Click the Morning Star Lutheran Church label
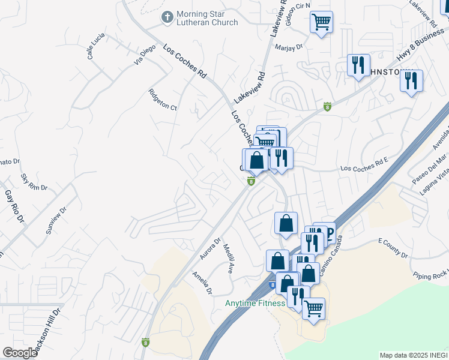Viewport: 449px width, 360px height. tap(208, 18)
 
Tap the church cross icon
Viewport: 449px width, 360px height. tap(167, 17)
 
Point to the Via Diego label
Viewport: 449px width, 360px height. tap(145, 56)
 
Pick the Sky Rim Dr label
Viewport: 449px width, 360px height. tap(34, 182)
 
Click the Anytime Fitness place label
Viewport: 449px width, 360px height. tap(255, 303)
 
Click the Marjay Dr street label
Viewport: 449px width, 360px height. tap(288, 46)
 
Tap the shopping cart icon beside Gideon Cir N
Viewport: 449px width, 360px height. tap(322, 22)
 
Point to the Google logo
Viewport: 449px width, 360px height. tap(20, 353)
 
